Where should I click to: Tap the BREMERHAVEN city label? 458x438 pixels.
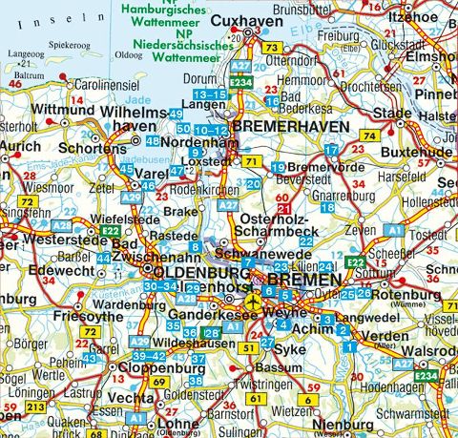(x=284, y=125)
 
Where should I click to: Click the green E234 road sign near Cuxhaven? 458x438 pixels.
(x=239, y=83)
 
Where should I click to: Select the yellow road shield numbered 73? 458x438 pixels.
(x=273, y=48)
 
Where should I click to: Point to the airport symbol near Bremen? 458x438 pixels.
(x=252, y=302)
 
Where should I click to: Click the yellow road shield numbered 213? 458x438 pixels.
(x=36, y=407)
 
